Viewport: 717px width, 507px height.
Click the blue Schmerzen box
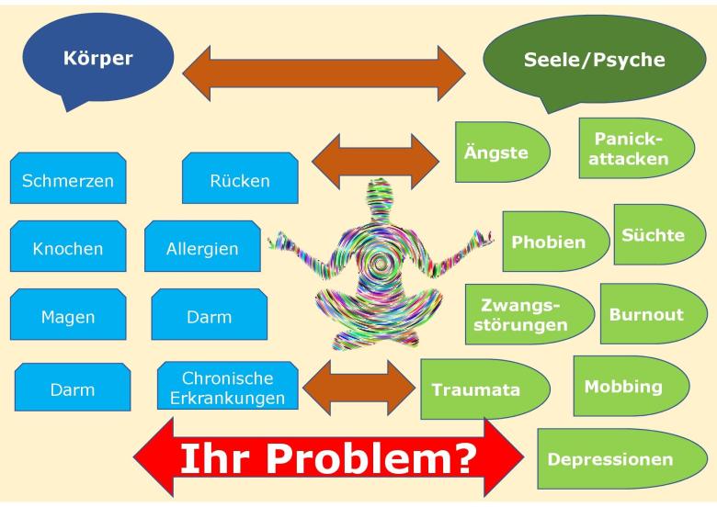68,179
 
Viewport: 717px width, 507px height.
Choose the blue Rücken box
240,179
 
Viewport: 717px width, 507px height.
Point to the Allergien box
202,248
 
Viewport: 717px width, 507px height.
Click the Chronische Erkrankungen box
227,389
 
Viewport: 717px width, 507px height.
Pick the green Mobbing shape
631,385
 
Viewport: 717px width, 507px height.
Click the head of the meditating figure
379,197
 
